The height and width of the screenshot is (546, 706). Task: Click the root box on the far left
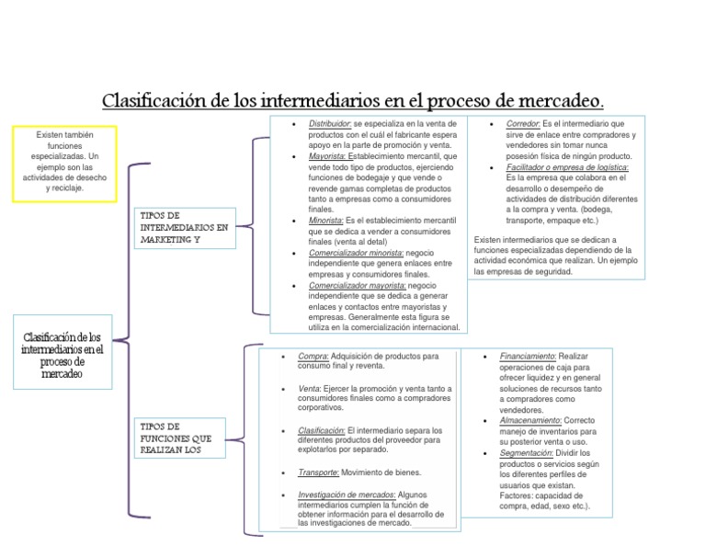coord(62,357)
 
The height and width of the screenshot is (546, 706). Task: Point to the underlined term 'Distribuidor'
coord(329,123)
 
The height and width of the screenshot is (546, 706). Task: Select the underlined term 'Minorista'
coord(325,221)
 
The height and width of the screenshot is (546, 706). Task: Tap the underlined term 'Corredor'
coord(521,123)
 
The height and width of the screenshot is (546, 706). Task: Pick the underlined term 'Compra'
coord(313,356)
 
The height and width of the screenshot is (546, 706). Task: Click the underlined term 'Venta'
coord(309,389)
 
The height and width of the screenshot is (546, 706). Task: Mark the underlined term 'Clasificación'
coord(321,430)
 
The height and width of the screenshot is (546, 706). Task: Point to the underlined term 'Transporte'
coord(318,472)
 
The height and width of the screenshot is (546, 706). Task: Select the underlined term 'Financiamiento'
coord(528,356)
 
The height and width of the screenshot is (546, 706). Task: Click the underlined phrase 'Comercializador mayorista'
coord(357,285)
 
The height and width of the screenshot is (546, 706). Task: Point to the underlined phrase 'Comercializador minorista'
coord(357,253)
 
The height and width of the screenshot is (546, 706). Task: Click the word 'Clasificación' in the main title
coord(154,98)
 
